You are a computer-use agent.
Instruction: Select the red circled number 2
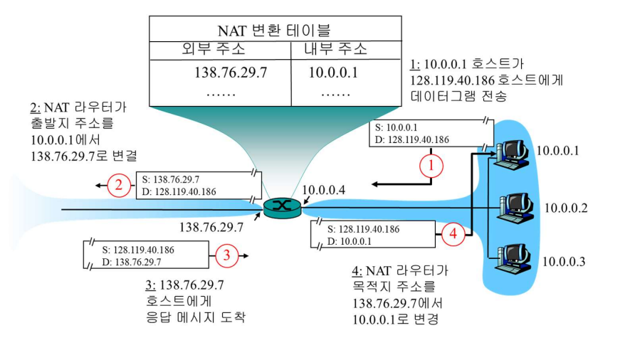pyautogui.click(x=119, y=186)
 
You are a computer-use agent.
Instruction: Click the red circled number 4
pyautogui.click(x=452, y=232)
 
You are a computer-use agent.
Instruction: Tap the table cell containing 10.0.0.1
pyautogui.click(x=333, y=73)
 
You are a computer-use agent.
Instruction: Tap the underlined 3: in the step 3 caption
pyautogui.click(x=149, y=285)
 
